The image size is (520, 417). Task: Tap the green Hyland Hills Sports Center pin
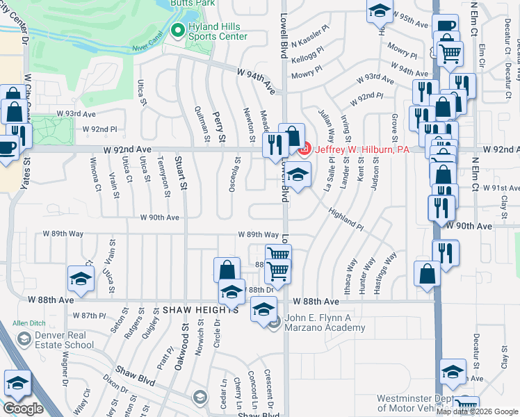(177, 31)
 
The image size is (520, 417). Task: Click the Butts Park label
(195, 3)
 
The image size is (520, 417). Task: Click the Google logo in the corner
(23, 409)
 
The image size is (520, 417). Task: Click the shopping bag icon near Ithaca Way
(428, 272)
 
